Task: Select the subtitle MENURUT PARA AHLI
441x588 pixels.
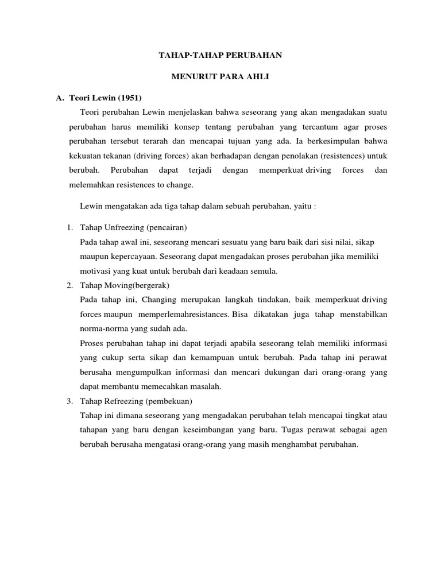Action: point(220,76)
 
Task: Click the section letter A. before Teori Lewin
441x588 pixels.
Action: point(60,96)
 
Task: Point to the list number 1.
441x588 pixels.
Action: point(69,229)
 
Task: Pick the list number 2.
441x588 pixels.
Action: point(69,285)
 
